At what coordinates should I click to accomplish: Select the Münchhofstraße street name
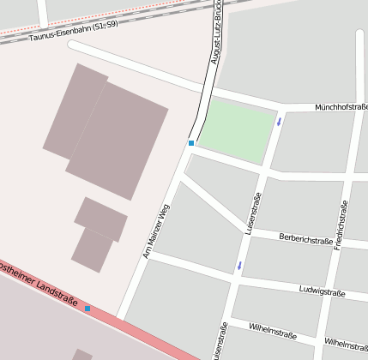[x=341, y=107]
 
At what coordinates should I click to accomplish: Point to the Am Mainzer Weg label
[x=156, y=231]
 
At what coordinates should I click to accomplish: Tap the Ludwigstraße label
[x=322, y=292]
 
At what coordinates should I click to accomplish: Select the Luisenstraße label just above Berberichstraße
[x=252, y=214]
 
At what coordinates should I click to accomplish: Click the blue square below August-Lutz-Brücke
[x=191, y=143]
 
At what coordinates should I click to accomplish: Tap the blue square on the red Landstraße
[x=87, y=309]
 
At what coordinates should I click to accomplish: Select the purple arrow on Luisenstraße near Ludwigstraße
[x=239, y=266]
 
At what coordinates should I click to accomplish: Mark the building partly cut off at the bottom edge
[x=81, y=354]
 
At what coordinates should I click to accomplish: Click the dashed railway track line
[x=103, y=19]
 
